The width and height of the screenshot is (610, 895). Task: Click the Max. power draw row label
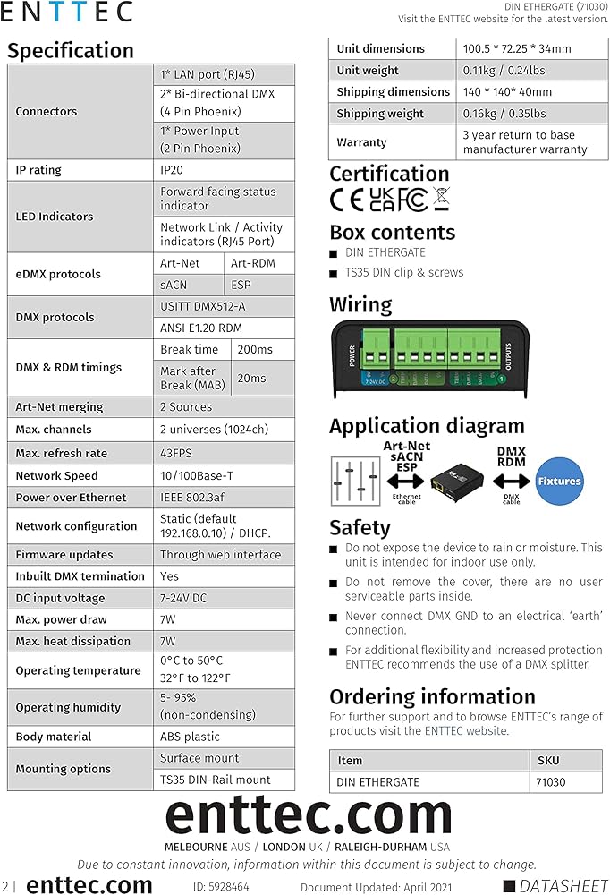pos(61,619)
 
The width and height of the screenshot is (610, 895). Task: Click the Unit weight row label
pos(368,70)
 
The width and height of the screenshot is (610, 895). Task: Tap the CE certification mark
pos(345,199)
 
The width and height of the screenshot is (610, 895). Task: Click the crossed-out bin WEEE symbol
pos(440,199)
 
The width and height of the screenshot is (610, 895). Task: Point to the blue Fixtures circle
pos(559,481)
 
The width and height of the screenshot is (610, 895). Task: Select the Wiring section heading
pos(360,304)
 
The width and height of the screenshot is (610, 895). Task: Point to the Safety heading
pos(360,527)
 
